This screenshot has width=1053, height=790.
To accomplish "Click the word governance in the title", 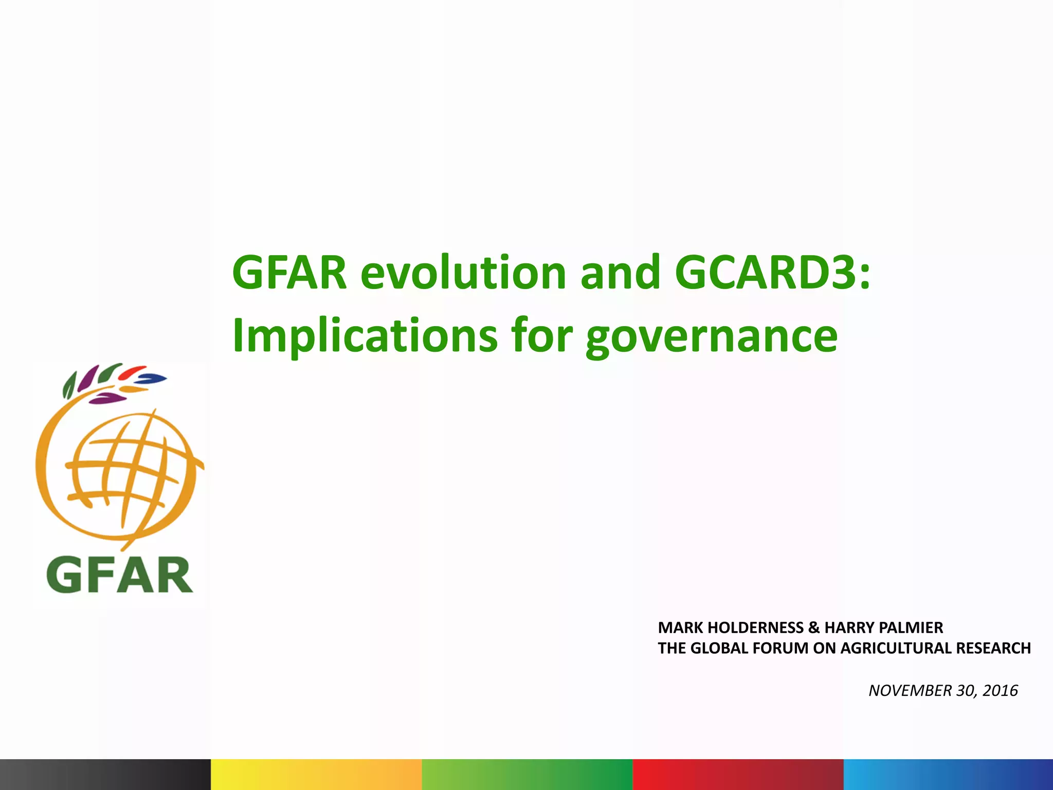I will click(x=712, y=337).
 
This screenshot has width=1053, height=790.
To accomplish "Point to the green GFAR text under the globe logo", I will click(x=119, y=576).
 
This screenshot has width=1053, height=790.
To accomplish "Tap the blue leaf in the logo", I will click(x=153, y=379).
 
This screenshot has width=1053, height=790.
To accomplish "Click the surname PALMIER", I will click(x=910, y=627).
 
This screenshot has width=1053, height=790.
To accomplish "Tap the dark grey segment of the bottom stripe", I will click(x=105, y=774).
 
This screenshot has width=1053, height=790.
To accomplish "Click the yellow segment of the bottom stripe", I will click(x=316, y=774).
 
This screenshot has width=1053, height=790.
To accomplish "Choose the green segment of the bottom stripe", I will click(x=527, y=774).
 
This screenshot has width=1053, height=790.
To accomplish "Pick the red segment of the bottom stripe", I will click(x=738, y=774).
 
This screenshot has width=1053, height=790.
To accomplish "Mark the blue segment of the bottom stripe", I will click(x=949, y=774).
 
